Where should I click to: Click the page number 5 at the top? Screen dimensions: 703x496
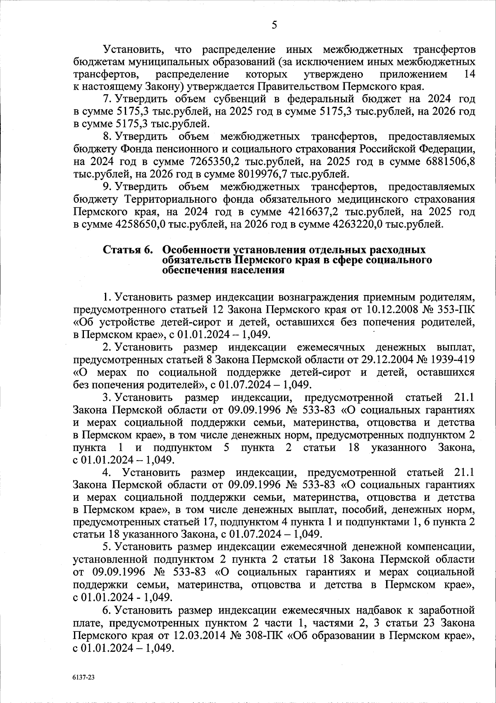coord(274,25)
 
